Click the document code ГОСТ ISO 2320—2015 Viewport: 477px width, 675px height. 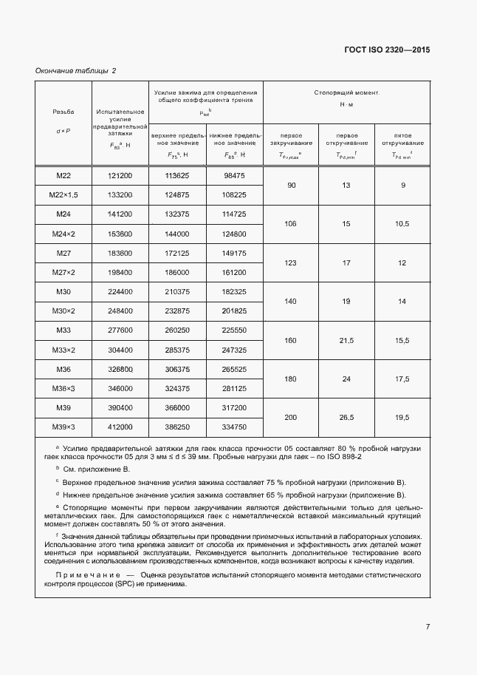click(387, 50)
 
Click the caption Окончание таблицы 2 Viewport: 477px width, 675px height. click(76, 71)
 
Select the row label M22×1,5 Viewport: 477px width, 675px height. click(63, 194)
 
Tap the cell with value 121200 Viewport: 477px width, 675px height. click(120, 175)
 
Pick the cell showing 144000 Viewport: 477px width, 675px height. click(176, 234)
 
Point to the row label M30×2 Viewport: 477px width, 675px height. click(63, 311)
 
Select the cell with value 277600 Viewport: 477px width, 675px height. click(120, 330)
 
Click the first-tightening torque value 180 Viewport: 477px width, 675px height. click(290, 379)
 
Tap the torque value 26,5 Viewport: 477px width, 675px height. click(347, 418)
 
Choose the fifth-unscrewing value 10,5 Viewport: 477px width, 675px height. click(402, 224)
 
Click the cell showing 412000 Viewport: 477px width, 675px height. click(120, 427)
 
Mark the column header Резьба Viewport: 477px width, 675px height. click(63, 112)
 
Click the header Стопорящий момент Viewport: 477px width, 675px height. click(346, 93)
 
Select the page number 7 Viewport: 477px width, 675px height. click(428, 627)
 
